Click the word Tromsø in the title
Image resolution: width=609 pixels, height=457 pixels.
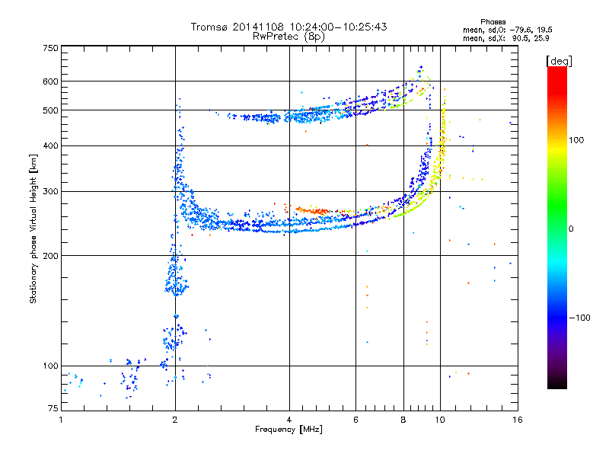(209, 27)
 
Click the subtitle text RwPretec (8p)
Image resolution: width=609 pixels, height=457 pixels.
(289, 37)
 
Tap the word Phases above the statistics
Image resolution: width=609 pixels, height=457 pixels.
(493, 22)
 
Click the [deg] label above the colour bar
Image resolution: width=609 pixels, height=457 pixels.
(559, 61)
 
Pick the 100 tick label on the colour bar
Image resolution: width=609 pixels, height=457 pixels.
(576, 140)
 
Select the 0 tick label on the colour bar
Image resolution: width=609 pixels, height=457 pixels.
(570, 228)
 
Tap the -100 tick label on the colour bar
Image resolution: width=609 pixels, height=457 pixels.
(579, 318)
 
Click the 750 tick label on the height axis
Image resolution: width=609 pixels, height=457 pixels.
(51, 48)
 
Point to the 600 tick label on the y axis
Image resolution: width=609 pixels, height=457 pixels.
(51, 81)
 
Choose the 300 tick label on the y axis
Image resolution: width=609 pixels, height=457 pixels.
(51, 191)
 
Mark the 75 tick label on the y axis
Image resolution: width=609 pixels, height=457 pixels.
(53, 408)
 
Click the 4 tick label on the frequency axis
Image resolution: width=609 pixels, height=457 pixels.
(289, 420)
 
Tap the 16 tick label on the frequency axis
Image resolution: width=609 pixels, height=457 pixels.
(517, 420)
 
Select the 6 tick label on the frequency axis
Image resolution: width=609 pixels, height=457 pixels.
(356, 420)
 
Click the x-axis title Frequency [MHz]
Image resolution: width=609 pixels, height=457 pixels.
(289, 430)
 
